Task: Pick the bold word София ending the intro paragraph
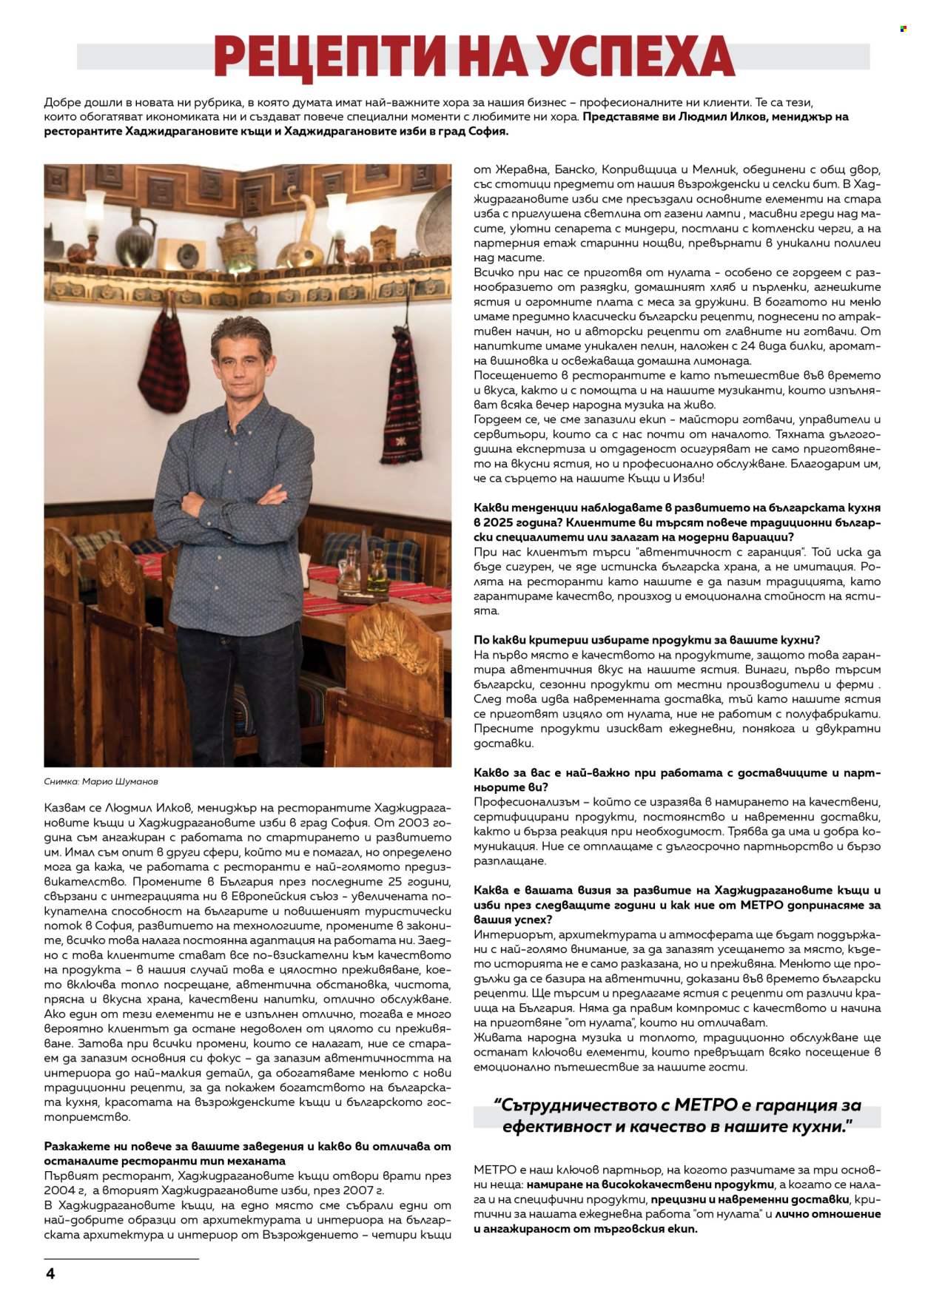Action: tap(487, 131)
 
